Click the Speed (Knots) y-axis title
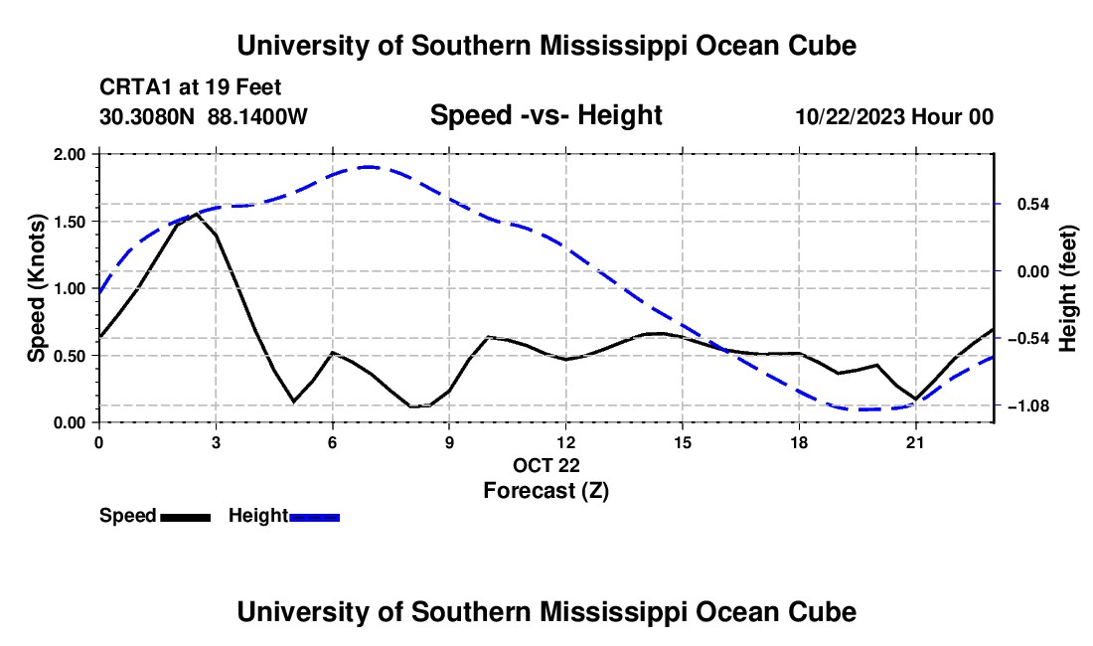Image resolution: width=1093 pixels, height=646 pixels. pyautogui.click(x=36, y=288)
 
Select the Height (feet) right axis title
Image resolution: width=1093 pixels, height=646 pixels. pyautogui.click(x=1068, y=288)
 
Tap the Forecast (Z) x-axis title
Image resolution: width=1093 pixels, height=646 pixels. pyautogui.click(x=546, y=491)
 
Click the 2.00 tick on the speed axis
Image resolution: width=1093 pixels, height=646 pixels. pyautogui.click(x=69, y=154)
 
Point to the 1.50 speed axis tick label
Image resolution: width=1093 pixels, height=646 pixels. pyautogui.click(x=69, y=222)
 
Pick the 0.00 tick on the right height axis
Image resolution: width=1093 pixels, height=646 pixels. pyautogui.click(x=1033, y=271)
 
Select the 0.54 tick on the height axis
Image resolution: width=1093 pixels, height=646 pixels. pyautogui.click(x=1033, y=204)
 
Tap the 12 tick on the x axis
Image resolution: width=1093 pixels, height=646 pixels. pyautogui.click(x=565, y=442)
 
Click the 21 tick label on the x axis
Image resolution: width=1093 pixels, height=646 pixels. pyautogui.click(x=914, y=442)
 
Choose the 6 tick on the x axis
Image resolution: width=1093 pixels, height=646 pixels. pyautogui.click(x=333, y=442)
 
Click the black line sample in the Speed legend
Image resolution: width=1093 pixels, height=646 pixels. pyautogui.click(x=186, y=517)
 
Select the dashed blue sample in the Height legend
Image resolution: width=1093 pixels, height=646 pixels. pyautogui.click(x=314, y=517)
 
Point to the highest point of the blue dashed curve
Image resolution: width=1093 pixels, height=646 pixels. pyautogui.click(x=370, y=167)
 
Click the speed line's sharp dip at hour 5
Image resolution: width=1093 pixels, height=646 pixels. pyautogui.click(x=293, y=402)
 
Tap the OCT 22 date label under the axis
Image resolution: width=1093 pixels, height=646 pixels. pyautogui.click(x=546, y=465)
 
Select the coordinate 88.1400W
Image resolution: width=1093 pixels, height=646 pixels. pyautogui.click(x=257, y=115)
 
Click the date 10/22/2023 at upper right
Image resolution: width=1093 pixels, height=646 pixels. pyautogui.click(x=851, y=115)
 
